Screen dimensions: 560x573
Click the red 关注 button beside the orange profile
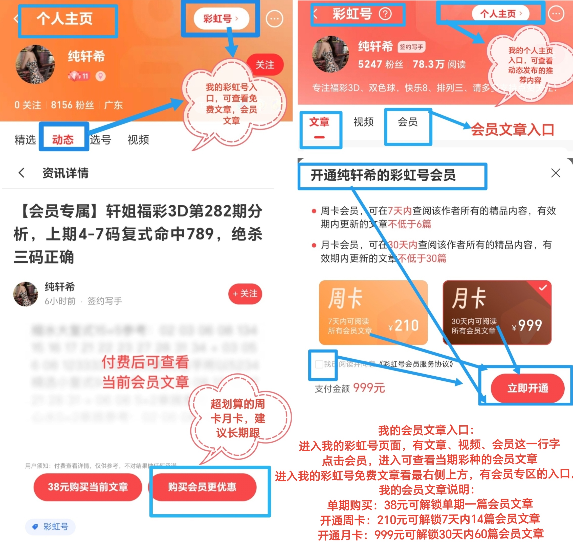265,64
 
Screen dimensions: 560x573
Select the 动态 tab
63,139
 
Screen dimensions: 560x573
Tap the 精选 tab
25,139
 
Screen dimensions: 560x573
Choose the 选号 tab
101,139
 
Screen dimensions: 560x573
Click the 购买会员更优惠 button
202,487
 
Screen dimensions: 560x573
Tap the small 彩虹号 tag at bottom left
50,526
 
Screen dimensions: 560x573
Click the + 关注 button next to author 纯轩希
245,294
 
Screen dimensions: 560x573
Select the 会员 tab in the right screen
408,122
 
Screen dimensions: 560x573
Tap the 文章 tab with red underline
319,122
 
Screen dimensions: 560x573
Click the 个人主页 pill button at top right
500,14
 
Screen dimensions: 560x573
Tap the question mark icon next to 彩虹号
385,14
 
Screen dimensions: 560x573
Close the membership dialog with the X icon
555,173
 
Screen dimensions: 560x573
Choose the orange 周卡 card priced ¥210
373,312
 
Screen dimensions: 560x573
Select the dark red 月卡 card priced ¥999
497,312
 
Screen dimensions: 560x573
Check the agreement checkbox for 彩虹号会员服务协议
319,364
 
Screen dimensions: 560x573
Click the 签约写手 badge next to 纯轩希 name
411,47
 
